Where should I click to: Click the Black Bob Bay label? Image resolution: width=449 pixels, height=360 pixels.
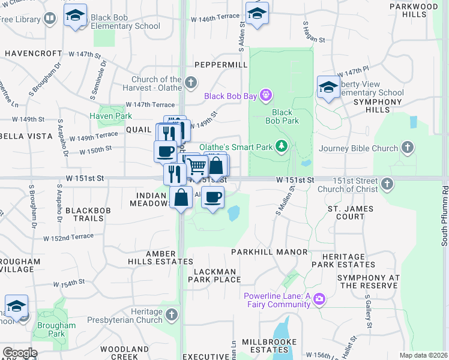click(x=231, y=95)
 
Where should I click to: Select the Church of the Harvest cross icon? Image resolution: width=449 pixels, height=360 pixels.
click(x=191, y=82)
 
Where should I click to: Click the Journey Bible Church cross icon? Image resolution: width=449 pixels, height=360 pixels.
click(x=408, y=148)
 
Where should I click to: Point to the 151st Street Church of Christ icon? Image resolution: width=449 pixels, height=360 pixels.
click(x=388, y=184)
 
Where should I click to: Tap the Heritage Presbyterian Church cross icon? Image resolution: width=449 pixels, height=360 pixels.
click(x=172, y=314)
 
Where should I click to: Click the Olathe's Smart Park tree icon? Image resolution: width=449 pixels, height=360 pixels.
click(x=281, y=146)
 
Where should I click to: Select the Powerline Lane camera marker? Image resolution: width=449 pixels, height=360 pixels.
click(x=319, y=299)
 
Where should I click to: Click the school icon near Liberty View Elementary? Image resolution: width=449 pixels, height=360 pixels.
click(x=328, y=88)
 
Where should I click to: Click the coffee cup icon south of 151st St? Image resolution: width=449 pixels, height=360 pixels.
click(x=212, y=197)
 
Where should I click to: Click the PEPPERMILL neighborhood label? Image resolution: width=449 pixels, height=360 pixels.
click(x=220, y=64)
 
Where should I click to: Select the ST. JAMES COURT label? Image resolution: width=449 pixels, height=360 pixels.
click(x=350, y=213)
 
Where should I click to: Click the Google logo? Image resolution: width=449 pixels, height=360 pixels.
click(x=20, y=353)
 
